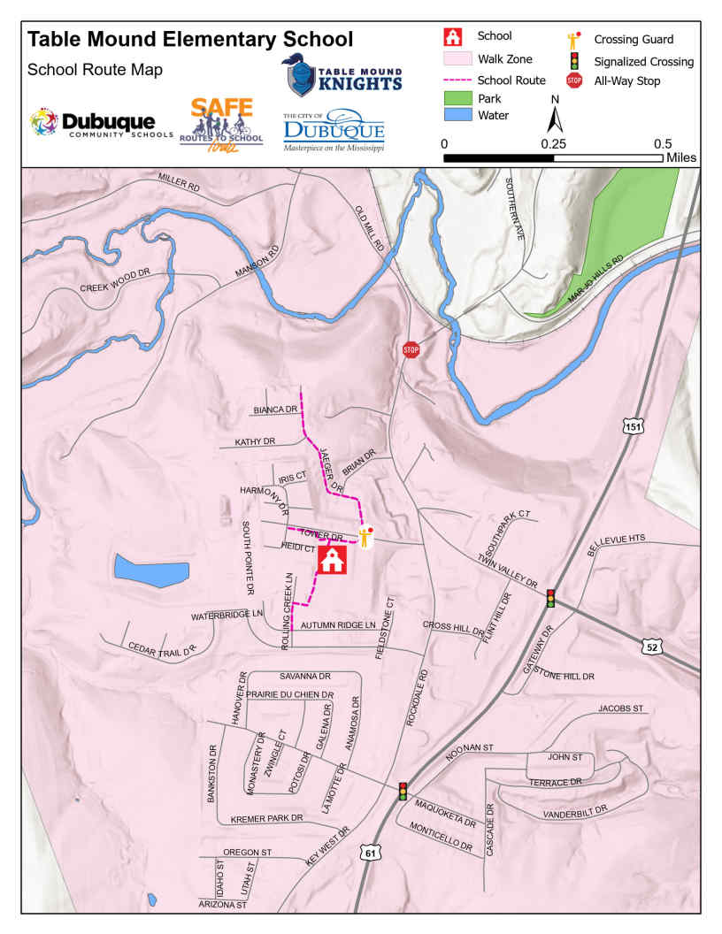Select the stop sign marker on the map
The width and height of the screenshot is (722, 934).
411,349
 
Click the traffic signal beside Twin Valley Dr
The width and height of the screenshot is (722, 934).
550,598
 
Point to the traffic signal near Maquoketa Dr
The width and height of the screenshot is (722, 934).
403,791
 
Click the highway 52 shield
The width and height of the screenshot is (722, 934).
652,647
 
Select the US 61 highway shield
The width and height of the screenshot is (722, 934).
369,852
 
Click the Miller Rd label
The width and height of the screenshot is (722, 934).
180,181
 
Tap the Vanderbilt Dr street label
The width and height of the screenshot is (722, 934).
574,810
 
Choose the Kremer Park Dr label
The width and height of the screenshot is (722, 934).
267,818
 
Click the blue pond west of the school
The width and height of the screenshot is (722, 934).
150,570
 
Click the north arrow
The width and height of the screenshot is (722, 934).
555,117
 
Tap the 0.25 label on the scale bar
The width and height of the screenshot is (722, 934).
554,143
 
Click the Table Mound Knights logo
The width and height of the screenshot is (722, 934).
342,76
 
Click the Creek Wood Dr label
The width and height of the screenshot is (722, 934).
116,287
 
